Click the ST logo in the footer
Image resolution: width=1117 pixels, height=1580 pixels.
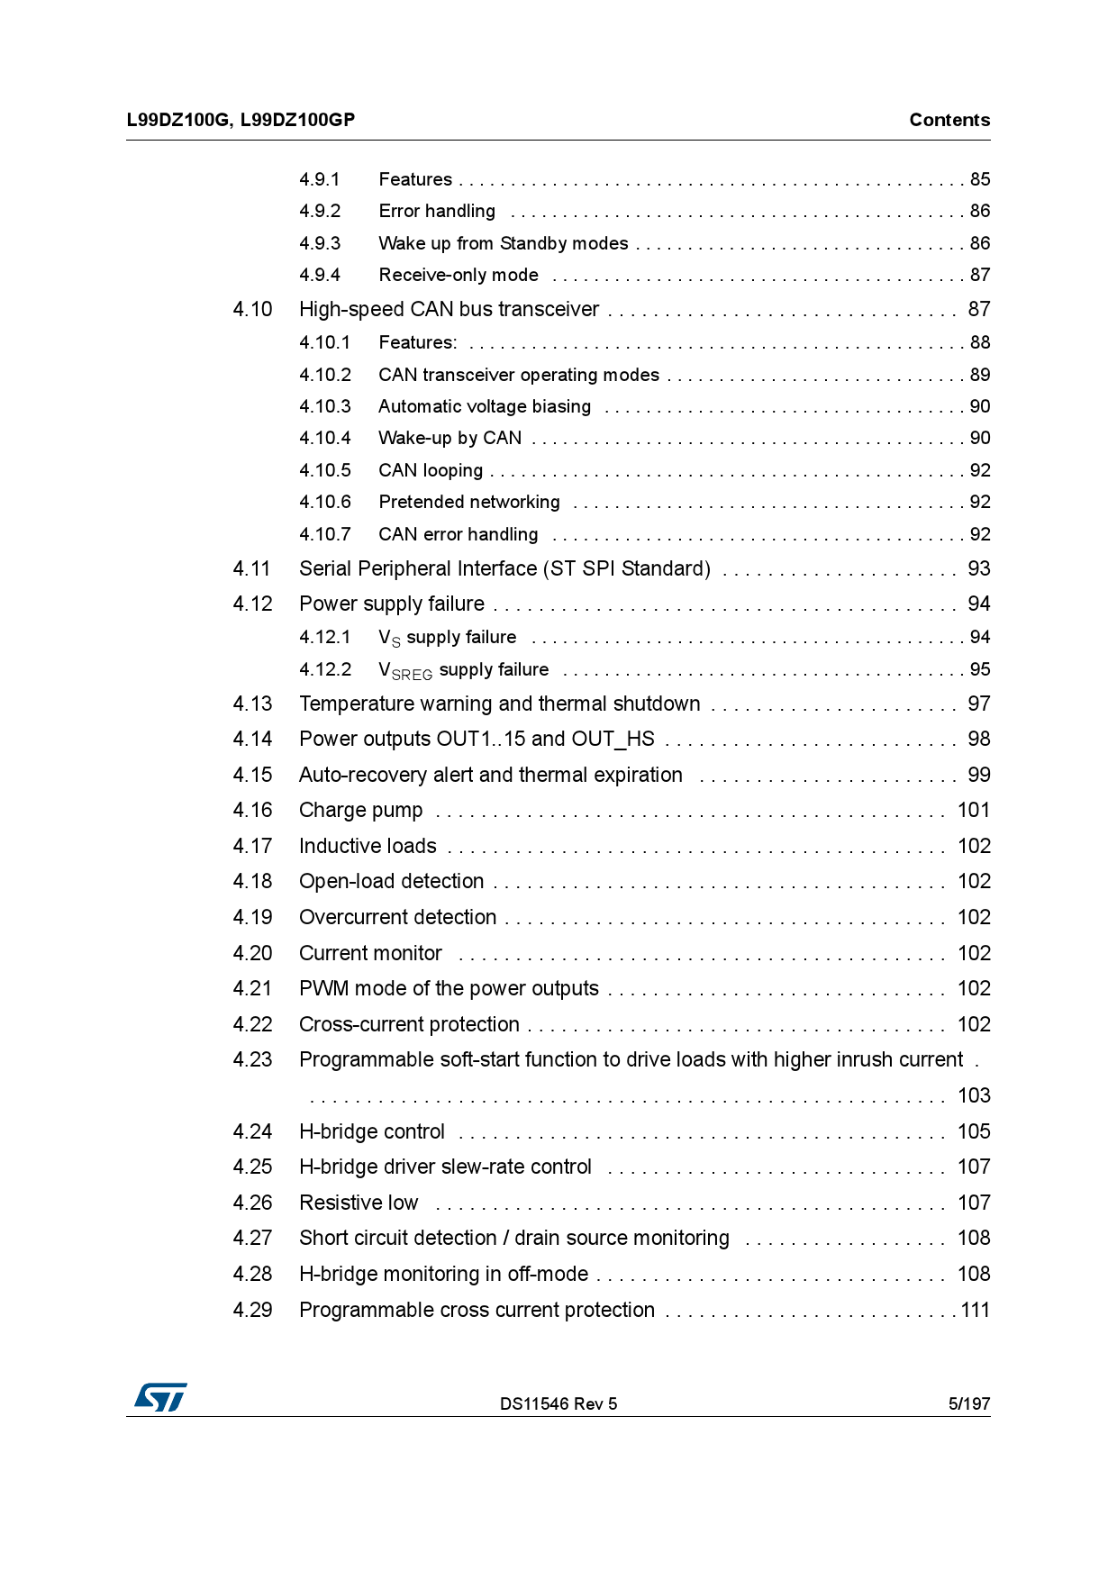click(x=160, y=1397)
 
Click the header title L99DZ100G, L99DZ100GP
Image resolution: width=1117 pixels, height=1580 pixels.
click(x=241, y=120)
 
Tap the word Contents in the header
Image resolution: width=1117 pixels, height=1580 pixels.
click(x=949, y=120)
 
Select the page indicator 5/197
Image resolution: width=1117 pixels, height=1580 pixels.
click(x=968, y=1403)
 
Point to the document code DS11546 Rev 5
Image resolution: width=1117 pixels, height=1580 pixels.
click(x=558, y=1403)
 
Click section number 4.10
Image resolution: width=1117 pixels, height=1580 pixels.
click(x=252, y=309)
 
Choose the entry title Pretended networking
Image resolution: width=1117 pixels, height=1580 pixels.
click(x=468, y=502)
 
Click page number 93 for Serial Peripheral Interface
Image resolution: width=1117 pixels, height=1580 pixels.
click(x=978, y=568)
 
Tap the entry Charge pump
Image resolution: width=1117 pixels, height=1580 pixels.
click(x=360, y=810)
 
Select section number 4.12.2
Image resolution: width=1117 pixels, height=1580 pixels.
click(x=325, y=669)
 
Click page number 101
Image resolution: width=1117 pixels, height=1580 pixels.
click(x=973, y=810)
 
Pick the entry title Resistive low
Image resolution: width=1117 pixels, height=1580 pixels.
click(x=359, y=1203)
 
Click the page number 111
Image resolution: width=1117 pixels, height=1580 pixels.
click(x=975, y=1310)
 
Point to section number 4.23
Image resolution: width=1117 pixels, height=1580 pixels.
click(x=252, y=1059)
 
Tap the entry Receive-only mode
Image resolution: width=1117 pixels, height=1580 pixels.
click(x=458, y=275)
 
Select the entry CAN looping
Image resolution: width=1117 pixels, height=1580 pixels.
click(x=431, y=470)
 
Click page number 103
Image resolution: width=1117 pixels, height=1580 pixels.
click(x=973, y=1095)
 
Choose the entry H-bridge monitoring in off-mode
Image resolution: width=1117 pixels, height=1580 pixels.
click(x=443, y=1274)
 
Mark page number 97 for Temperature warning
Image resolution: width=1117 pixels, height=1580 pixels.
click(x=978, y=704)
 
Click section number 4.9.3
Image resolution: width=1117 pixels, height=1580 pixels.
click(x=320, y=243)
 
